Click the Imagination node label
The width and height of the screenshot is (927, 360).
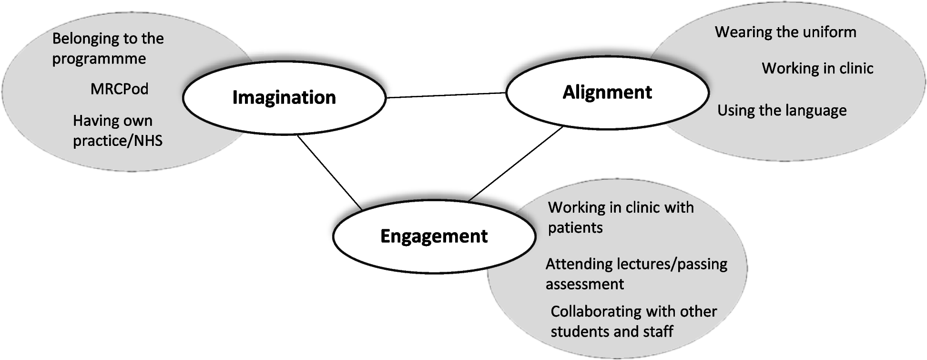[x=284, y=97]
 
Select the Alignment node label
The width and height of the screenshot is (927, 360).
[x=607, y=92]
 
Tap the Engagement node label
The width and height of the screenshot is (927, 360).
[x=434, y=236]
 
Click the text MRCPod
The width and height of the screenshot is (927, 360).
[x=119, y=89]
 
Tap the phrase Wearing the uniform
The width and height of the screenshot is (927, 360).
[x=785, y=32]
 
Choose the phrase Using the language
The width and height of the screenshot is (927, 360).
[x=782, y=110]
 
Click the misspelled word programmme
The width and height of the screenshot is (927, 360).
[x=99, y=59]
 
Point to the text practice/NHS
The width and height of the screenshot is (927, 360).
[x=118, y=141]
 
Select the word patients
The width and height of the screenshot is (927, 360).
[x=575, y=227]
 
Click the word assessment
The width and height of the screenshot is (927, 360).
[x=585, y=284]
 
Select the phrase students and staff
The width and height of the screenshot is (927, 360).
[x=612, y=331]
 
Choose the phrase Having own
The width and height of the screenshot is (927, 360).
[x=112, y=121]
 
